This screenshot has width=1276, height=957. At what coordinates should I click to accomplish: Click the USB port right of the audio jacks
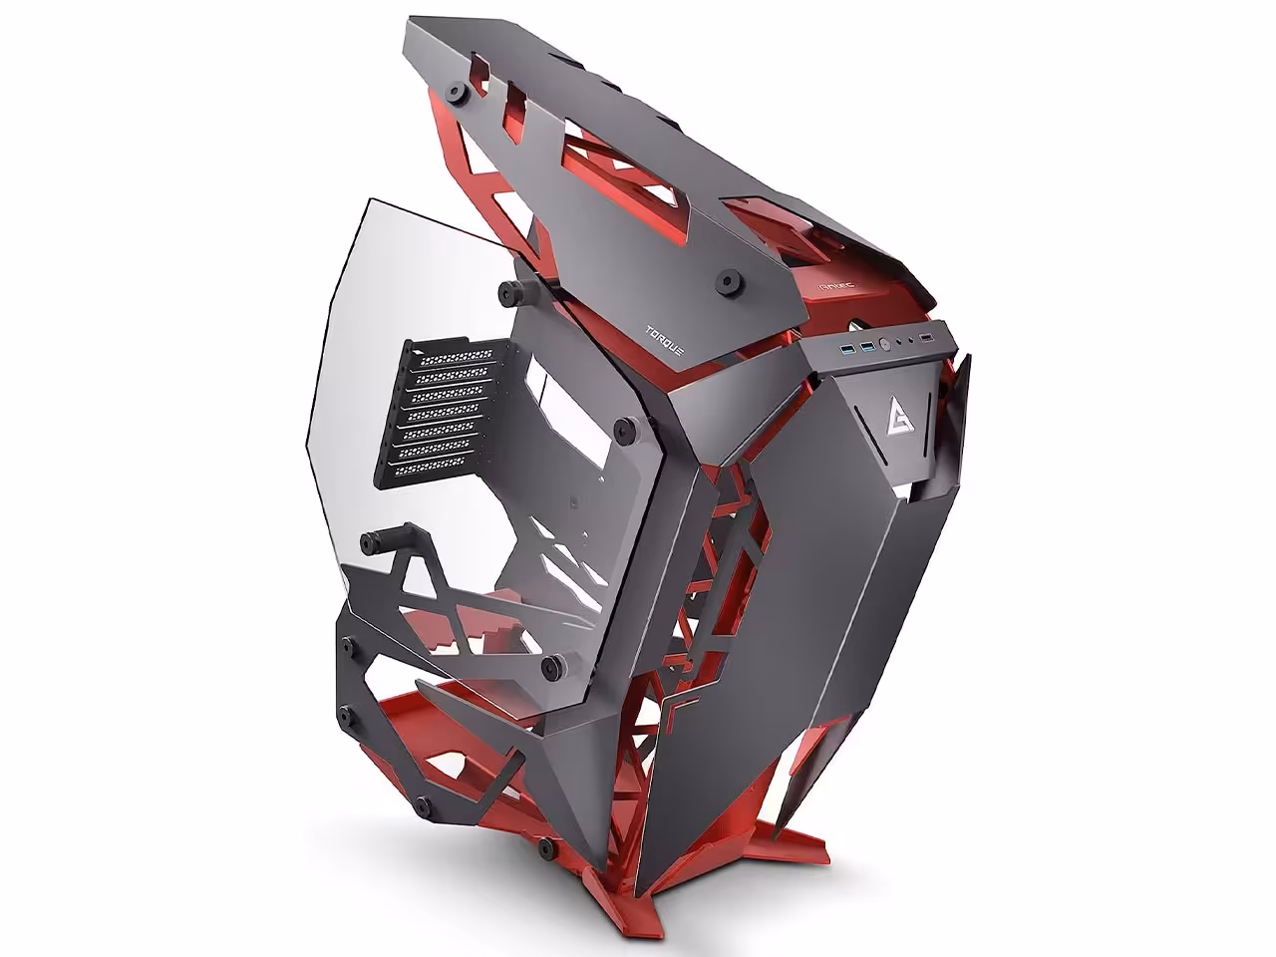click(927, 344)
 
